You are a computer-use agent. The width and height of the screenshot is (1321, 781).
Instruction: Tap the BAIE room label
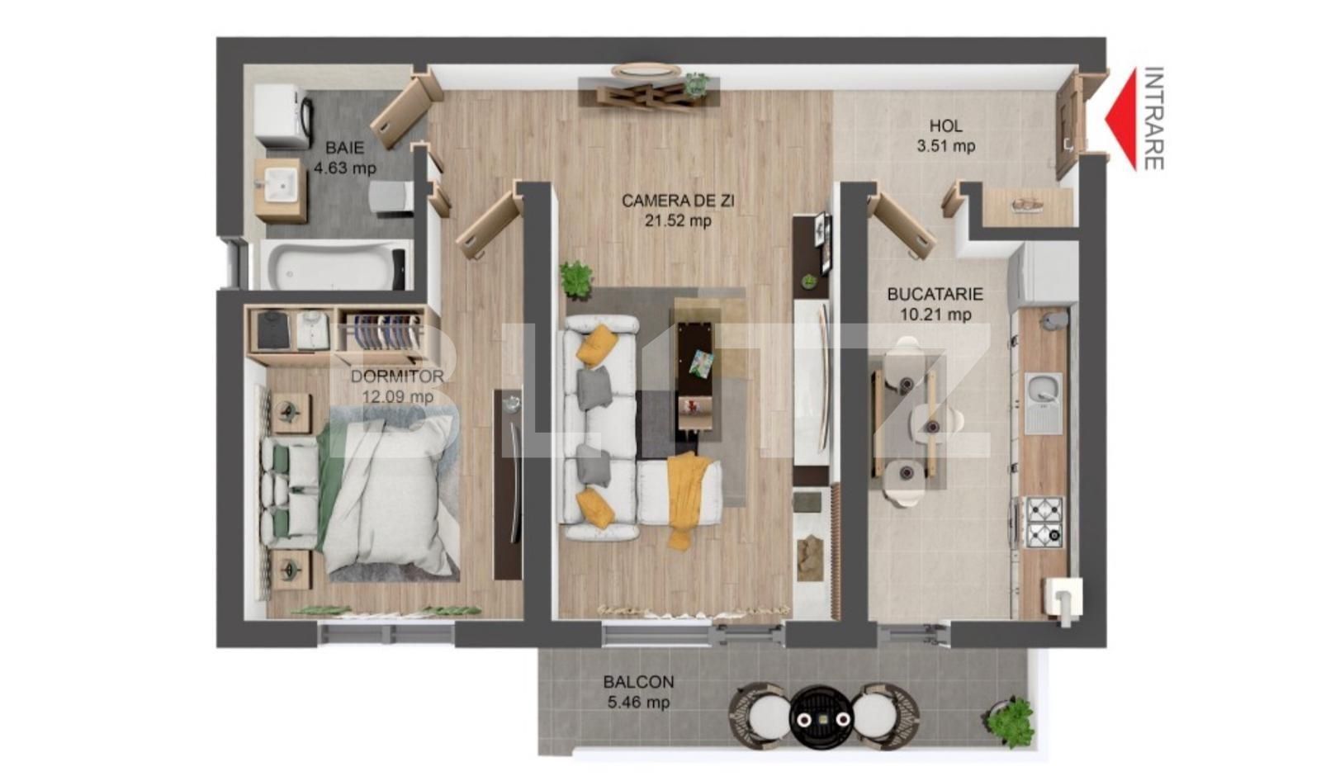(x=344, y=148)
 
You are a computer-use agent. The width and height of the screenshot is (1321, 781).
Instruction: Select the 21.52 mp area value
(x=678, y=221)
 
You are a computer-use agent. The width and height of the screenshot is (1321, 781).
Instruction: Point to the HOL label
(x=945, y=126)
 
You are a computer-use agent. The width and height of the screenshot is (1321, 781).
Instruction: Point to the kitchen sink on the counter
(x=1044, y=402)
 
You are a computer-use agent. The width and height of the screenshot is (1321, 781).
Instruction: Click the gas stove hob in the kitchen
(x=1044, y=522)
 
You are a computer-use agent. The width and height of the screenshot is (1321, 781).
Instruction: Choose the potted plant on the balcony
(x=1011, y=722)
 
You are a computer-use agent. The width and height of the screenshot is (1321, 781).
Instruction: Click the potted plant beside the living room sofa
(x=576, y=278)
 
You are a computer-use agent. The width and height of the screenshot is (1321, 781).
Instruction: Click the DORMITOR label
(x=397, y=376)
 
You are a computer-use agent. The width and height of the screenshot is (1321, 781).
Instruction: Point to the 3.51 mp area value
(x=945, y=147)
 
